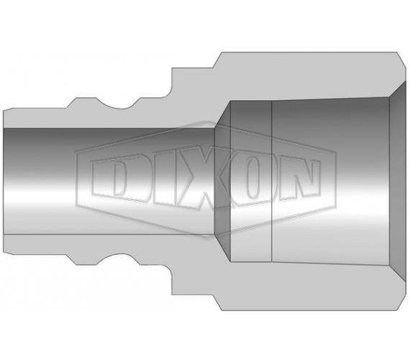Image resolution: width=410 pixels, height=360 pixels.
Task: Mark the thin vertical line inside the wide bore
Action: click(272, 181)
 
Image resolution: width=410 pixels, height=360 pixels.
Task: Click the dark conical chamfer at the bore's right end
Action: click(398, 181)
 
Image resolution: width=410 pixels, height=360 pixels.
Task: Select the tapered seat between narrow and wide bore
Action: click(222, 181)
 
